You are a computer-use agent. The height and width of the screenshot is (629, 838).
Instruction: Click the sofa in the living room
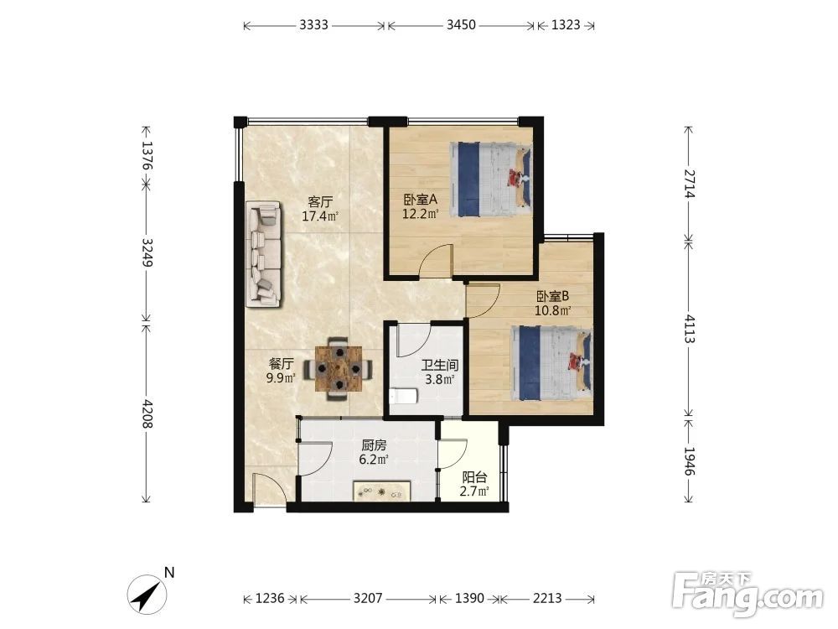click(x=263, y=254)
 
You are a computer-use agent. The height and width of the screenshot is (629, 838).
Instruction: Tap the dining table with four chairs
click(x=339, y=368)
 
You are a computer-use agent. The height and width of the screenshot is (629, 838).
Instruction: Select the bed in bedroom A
click(x=490, y=179)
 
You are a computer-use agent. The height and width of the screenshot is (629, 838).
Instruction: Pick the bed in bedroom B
click(x=551, y=363)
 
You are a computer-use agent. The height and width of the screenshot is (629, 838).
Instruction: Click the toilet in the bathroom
click(x=404, y=396)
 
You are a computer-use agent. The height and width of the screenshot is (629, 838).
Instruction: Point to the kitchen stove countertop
click(x=381, y=491)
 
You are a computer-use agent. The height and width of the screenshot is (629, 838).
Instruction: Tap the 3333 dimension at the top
click(x=313, y=25)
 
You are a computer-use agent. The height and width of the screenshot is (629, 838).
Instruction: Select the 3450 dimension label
click(x=461, y=25)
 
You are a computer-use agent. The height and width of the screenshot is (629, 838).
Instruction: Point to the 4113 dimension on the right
click(x=690, y=329)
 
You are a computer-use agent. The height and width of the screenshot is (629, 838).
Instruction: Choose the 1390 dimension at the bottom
click(x=469, y=598)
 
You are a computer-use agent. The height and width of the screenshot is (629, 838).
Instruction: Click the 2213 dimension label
click(x=547, y=598)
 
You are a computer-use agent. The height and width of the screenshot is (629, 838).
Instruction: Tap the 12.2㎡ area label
click(x=421, y=215)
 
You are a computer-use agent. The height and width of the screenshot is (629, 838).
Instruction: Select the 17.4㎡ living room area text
click(x=320, y=216)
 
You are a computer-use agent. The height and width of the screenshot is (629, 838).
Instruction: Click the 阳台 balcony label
click(x=474, y=476)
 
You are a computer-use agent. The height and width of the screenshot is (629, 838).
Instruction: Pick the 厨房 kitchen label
click(x=374, y=445)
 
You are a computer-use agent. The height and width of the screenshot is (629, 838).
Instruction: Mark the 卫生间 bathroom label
click(x=440, y=366)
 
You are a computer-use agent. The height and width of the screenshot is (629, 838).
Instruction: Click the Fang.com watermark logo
click(x=748, y=594)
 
